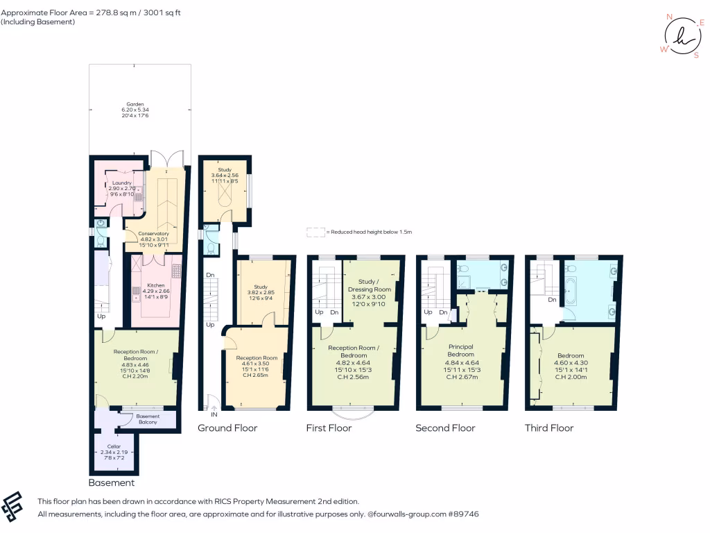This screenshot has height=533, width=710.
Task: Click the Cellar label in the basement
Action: tap(114, 446)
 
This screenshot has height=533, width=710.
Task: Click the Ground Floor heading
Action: tap(227, 428)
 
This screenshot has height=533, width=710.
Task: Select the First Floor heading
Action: tap(329, 428)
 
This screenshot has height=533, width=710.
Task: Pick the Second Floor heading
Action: tap(445, 428)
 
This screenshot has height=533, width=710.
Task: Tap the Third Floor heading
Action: tap(549, 428)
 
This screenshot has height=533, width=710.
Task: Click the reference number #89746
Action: tap(463, 514)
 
